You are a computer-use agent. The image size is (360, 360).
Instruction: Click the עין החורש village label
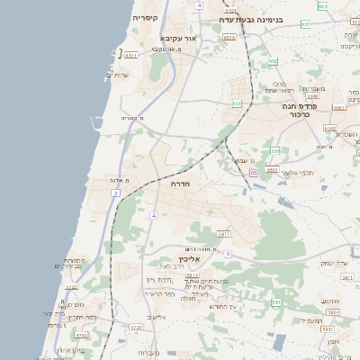click(x=220, y=306)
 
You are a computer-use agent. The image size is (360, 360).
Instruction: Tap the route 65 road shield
click(x=255, y=172)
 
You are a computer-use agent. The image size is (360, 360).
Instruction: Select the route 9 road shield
click(x=228, y=254)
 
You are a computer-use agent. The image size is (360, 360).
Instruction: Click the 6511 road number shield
click(x=131, y=56)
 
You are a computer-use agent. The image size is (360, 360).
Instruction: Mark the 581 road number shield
click(x=275, y=303)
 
